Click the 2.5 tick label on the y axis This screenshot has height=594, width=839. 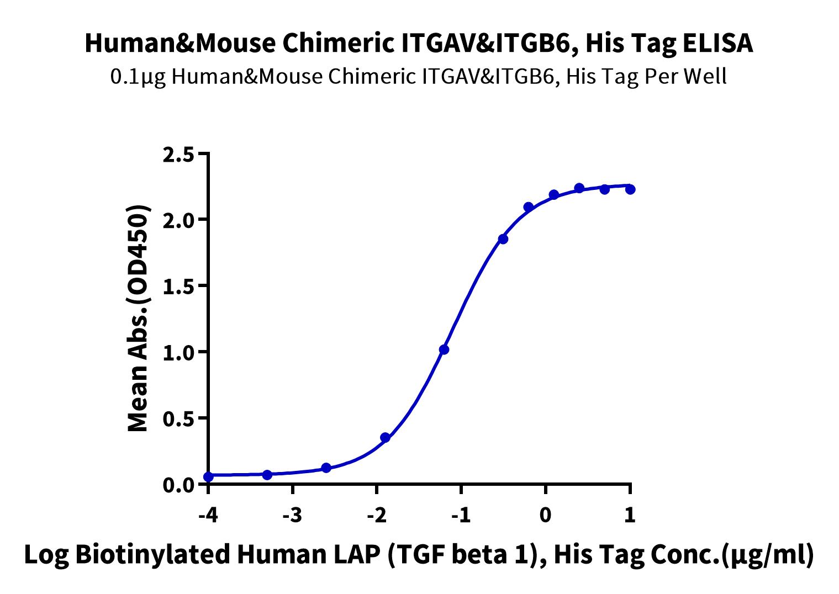[x=178, y=155]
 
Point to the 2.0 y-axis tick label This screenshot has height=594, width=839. [x=178, y=221]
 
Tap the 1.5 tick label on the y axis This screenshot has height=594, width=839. [x=178, y=288]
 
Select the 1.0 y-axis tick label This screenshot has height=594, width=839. [x=178, y=354]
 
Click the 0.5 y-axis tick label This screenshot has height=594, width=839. [x=178, y=420]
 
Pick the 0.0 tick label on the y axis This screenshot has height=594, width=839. [x=178, y=486]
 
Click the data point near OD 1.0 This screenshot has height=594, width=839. [x=444, y=350]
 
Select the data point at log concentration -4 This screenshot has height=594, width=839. [x=209, y=477]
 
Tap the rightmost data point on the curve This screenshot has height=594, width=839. [x=630, y=189]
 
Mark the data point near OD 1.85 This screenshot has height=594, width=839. [x=503, y=239]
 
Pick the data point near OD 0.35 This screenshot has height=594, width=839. [x=385, y=438]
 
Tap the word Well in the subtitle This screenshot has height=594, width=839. [x=705, y=77]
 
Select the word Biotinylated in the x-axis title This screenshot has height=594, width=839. [x=152, y=555]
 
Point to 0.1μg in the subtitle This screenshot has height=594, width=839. [x=138, y=78]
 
